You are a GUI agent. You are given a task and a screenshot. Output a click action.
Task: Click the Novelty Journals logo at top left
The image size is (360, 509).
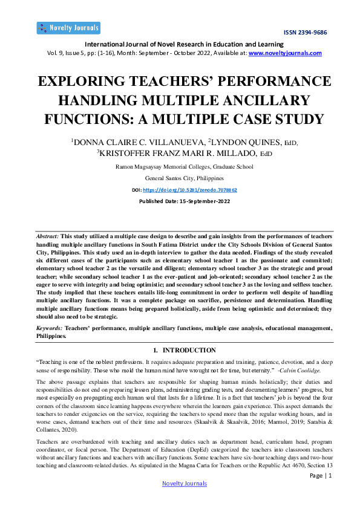(x=68, y=28)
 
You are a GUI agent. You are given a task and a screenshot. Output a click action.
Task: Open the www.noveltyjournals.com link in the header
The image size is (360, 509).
(x=285, y=53)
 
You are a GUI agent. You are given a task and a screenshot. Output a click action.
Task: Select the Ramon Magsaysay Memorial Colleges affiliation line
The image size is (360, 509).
(x=180, y=167)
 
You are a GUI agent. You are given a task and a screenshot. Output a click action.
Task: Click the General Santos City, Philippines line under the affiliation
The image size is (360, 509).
(x=180, y=178)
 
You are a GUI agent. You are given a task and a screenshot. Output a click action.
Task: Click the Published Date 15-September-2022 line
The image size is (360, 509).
(x=180, y=201)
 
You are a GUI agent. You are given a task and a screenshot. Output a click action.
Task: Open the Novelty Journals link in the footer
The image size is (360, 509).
(x=185, y=484)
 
